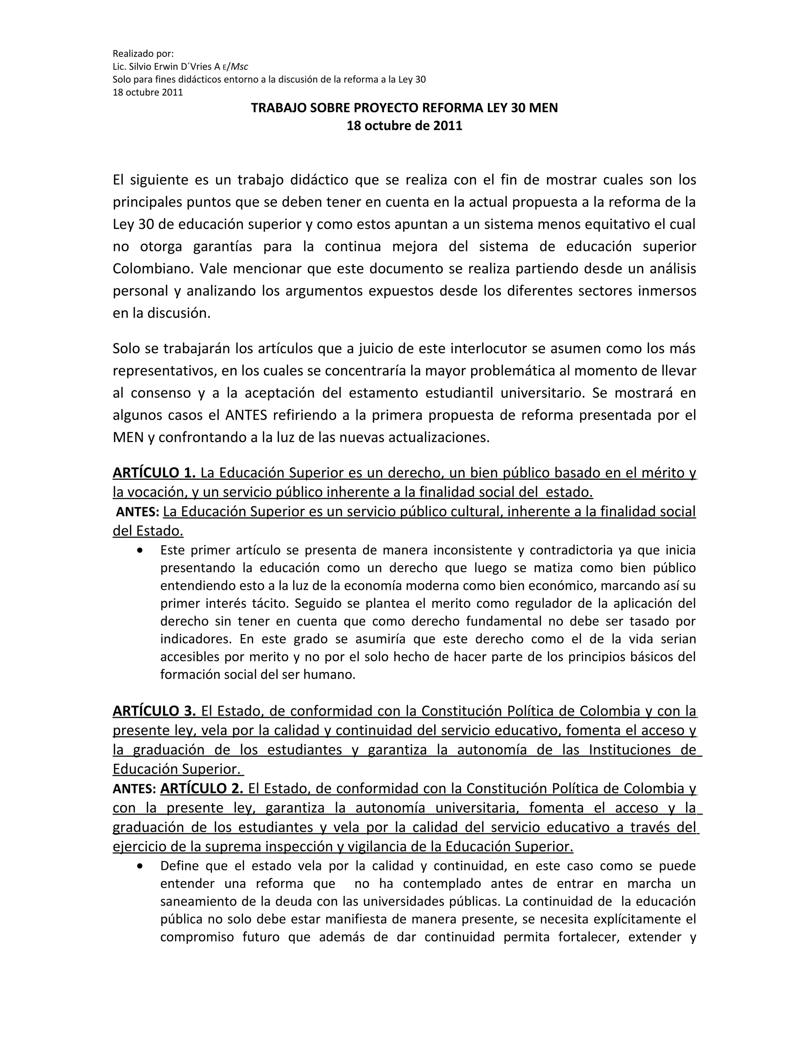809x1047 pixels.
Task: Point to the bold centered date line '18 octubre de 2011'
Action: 404,126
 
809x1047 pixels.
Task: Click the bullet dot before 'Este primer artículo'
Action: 139,551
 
